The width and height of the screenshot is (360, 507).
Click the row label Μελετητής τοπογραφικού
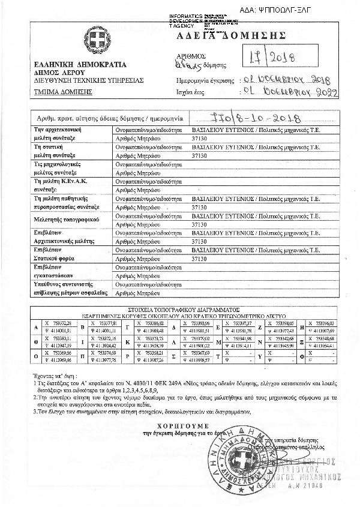click(x=67, y=220)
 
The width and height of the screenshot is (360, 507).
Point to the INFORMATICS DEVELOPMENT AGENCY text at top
click(x=187, y=21)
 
